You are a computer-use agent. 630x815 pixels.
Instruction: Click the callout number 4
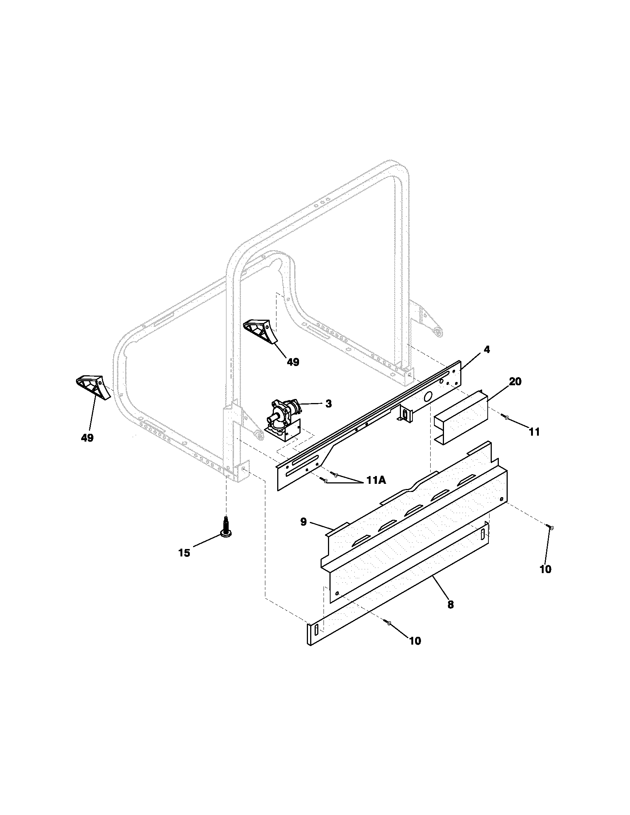pos(487,350)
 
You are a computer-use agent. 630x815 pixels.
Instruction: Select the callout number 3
pos(328,404)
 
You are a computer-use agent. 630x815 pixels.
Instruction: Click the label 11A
pos(375,480)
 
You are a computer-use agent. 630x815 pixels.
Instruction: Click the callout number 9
pos(304,522)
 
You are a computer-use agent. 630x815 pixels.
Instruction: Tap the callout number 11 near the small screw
pos(534,432)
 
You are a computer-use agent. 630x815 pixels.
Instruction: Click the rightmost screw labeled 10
pos(550,527)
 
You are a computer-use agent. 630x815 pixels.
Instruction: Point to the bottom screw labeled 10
pos(388,622)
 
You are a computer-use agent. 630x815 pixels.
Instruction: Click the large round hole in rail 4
pos(428,395)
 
